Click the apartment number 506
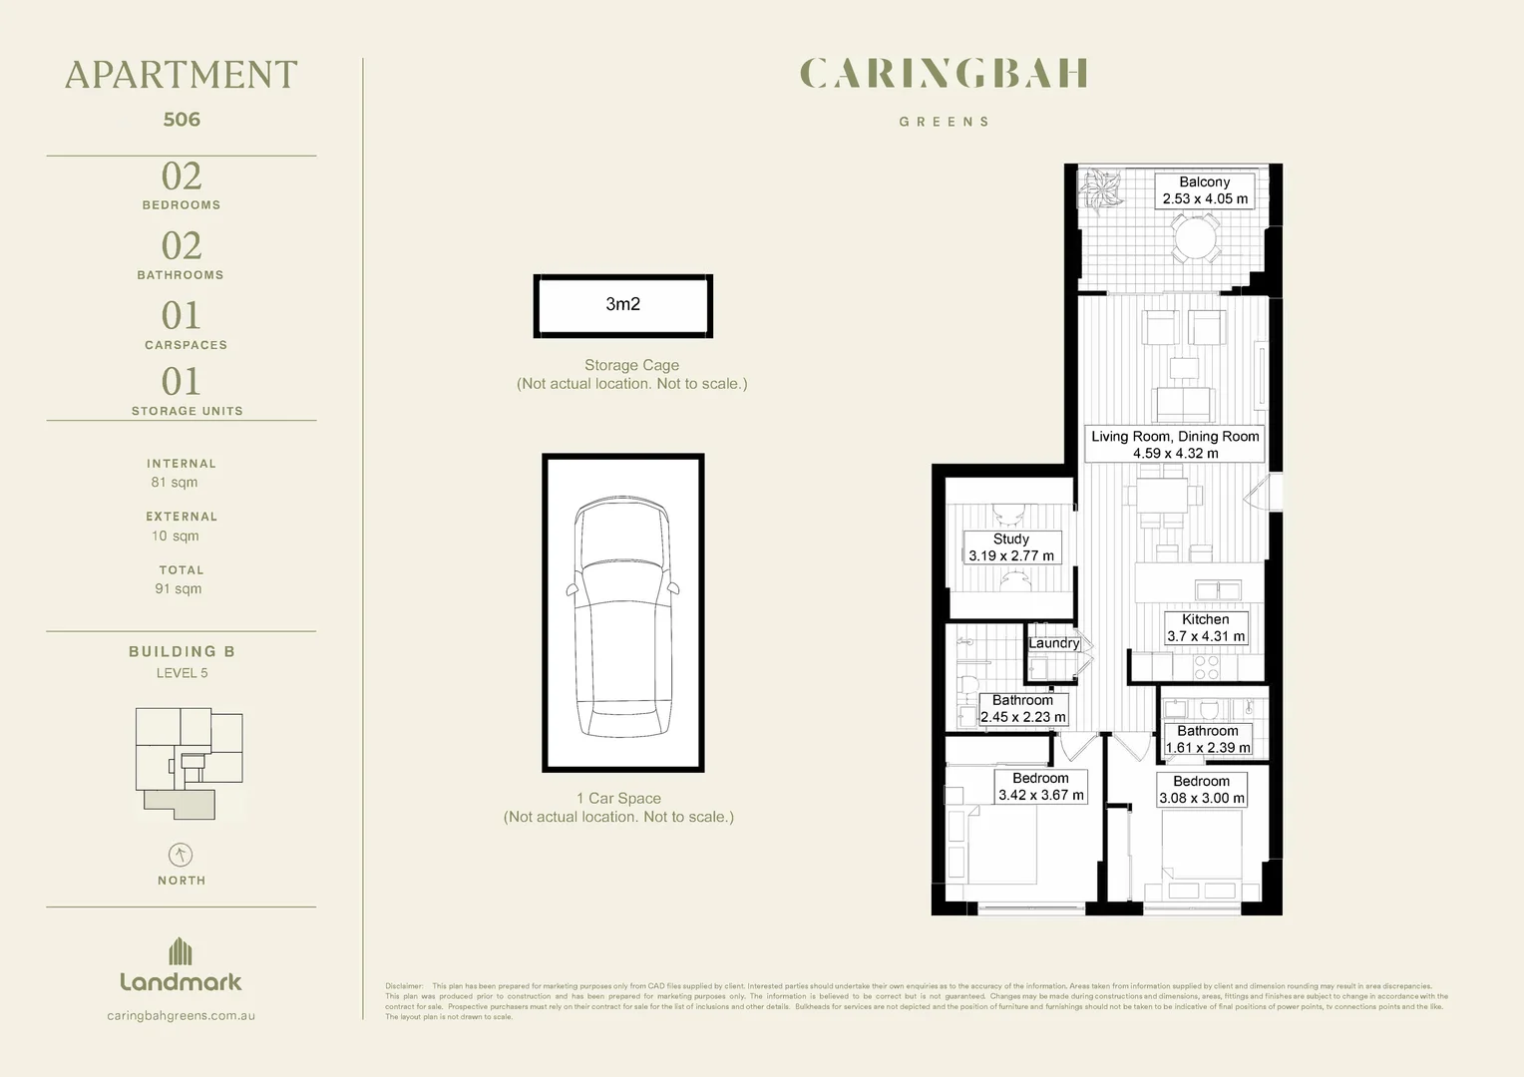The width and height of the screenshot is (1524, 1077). point(182,120)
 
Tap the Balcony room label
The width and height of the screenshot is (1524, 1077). point(1205,190)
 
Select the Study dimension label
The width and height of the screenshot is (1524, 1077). point(1010,547)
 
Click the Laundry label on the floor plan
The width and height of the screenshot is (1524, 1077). point(1054,643)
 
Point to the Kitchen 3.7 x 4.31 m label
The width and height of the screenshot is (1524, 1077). point(1206,628)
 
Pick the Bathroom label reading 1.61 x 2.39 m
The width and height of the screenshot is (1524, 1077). point(1207,739)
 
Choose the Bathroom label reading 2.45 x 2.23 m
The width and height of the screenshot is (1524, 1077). point(1022,709)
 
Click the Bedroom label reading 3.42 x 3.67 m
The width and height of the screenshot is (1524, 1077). point(1040,787)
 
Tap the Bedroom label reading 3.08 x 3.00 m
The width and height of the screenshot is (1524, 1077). point(1201,790)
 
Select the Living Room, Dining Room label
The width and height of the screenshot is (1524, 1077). point(1175,445)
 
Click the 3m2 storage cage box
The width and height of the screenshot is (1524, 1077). point(623,305)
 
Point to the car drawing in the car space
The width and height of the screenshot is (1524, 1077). point(623,618)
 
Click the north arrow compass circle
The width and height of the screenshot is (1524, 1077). point(181,855)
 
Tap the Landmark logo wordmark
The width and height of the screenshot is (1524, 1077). point(181,981)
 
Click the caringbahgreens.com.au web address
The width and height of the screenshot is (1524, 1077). point(181,1016)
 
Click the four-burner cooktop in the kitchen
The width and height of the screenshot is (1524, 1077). point(1206,666)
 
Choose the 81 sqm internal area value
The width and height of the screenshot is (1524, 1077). point(175,483)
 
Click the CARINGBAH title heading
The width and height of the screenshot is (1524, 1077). point(944,74)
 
